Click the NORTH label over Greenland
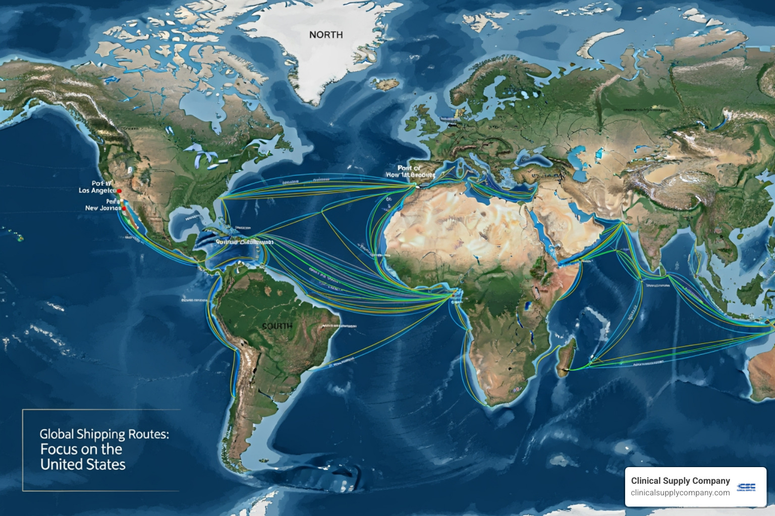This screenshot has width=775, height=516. tap(325, 35)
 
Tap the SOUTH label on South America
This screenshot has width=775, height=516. tap(277, 326)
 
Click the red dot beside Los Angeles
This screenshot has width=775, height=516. tap(120, 191)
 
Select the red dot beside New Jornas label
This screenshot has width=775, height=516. tap(124, 208)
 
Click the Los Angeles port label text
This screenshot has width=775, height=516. tap(97, 190)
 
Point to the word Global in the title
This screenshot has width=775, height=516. tap(57, 434)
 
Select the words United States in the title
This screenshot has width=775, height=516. tap(83, 464)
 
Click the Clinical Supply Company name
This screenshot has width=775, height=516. tap(680, 481)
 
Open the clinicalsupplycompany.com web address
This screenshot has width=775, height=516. tap(680, 493)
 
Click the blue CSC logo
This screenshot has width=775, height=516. tap(746, 487)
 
